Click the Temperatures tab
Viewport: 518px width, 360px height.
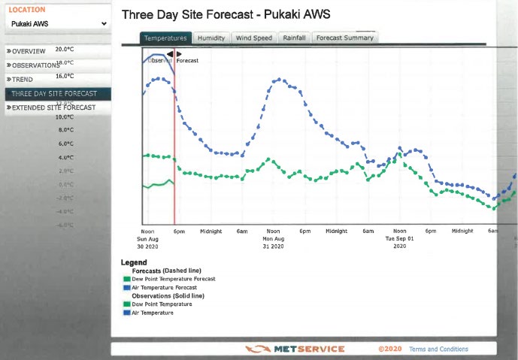pyautogui.click(x=165, y=38)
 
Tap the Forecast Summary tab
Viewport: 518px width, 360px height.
pyautogui.click(x=344, y=38)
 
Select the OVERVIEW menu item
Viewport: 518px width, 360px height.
pyautogui.click(x=27, y=51)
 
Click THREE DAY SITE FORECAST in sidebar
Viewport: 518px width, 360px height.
pyautogui.click(x=53, y=94)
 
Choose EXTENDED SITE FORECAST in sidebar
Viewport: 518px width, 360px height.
pyautogui.click(x=52, y=108)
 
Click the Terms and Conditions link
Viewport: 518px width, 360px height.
pyautogui.click(x=438, y=349)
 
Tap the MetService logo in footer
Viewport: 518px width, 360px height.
pyautogui.click(x=295, y=349)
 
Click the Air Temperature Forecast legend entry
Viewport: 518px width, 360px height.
pyautogui.click(x=163, y=287)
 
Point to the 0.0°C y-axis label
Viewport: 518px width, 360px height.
pyautogui.click(x=65, y=185)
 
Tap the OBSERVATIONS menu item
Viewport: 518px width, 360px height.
pyautogui.click(x=34, y=65)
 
